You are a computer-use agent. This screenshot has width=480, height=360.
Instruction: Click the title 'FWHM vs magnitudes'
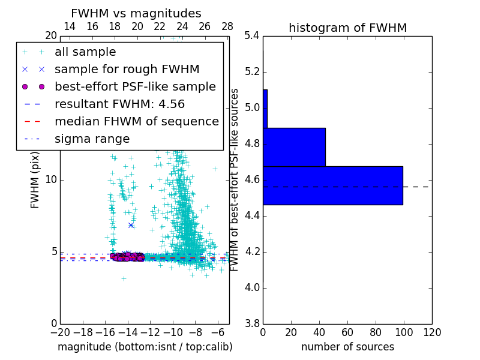[x=136, y=13]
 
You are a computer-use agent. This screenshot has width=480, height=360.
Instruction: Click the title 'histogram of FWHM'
[x=347, y=28]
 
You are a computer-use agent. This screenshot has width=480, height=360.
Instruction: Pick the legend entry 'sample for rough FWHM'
[x=127, y=70]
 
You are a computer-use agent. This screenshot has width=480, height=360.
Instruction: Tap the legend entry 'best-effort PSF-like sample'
[x=135, y=87]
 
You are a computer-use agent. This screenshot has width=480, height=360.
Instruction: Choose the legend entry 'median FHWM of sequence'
[x=136, y=122]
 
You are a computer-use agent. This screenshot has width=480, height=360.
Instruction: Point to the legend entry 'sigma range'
[x=92, y=139]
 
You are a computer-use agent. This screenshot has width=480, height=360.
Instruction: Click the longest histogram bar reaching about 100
[x=332, y=185]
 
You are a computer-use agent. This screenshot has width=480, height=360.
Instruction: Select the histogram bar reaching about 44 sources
[x=294, y=147]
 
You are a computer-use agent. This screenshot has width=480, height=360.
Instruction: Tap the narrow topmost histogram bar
[x=265, y=109]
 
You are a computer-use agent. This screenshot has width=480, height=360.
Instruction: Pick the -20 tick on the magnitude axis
[x=60, y=332]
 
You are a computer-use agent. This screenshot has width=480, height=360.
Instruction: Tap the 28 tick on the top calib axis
[x=227, y=26]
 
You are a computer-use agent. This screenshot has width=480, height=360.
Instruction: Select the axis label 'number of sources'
[x=347, y=347]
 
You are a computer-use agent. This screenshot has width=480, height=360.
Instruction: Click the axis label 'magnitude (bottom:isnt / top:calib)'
[x=145, y=347]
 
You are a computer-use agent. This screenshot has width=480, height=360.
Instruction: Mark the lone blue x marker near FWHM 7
[x=131, y=225]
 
